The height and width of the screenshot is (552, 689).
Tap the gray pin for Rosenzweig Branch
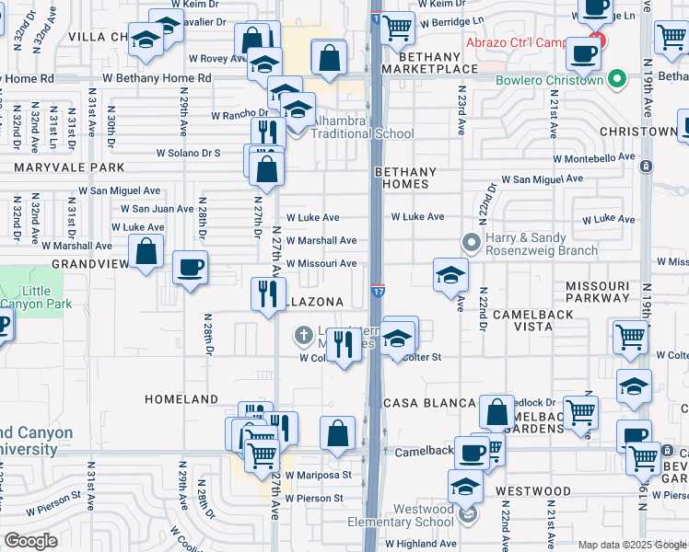coord(472,244)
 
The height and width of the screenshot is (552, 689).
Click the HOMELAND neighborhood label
coord(181,399)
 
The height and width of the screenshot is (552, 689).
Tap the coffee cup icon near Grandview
coord(191,269)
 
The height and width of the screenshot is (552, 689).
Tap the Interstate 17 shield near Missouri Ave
coord(379,292)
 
